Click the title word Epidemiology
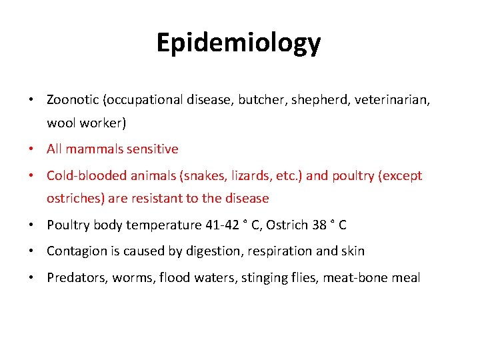[239, 43]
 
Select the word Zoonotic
[73, 99]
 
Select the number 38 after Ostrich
[319, 225]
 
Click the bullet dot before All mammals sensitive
[32, 149]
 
